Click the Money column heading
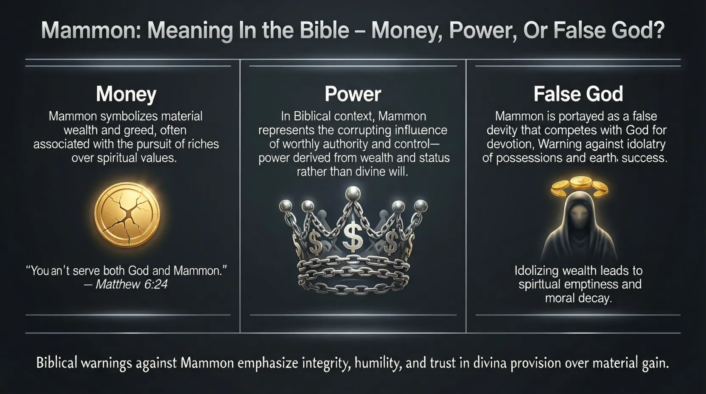(x=126, y=94)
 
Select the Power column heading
(x=353, y=94)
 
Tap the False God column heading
(x=578, y=94)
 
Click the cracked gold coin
(x=127, y=215)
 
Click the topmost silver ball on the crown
(x=353, y=193)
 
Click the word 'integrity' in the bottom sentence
(x=327, y=363)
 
